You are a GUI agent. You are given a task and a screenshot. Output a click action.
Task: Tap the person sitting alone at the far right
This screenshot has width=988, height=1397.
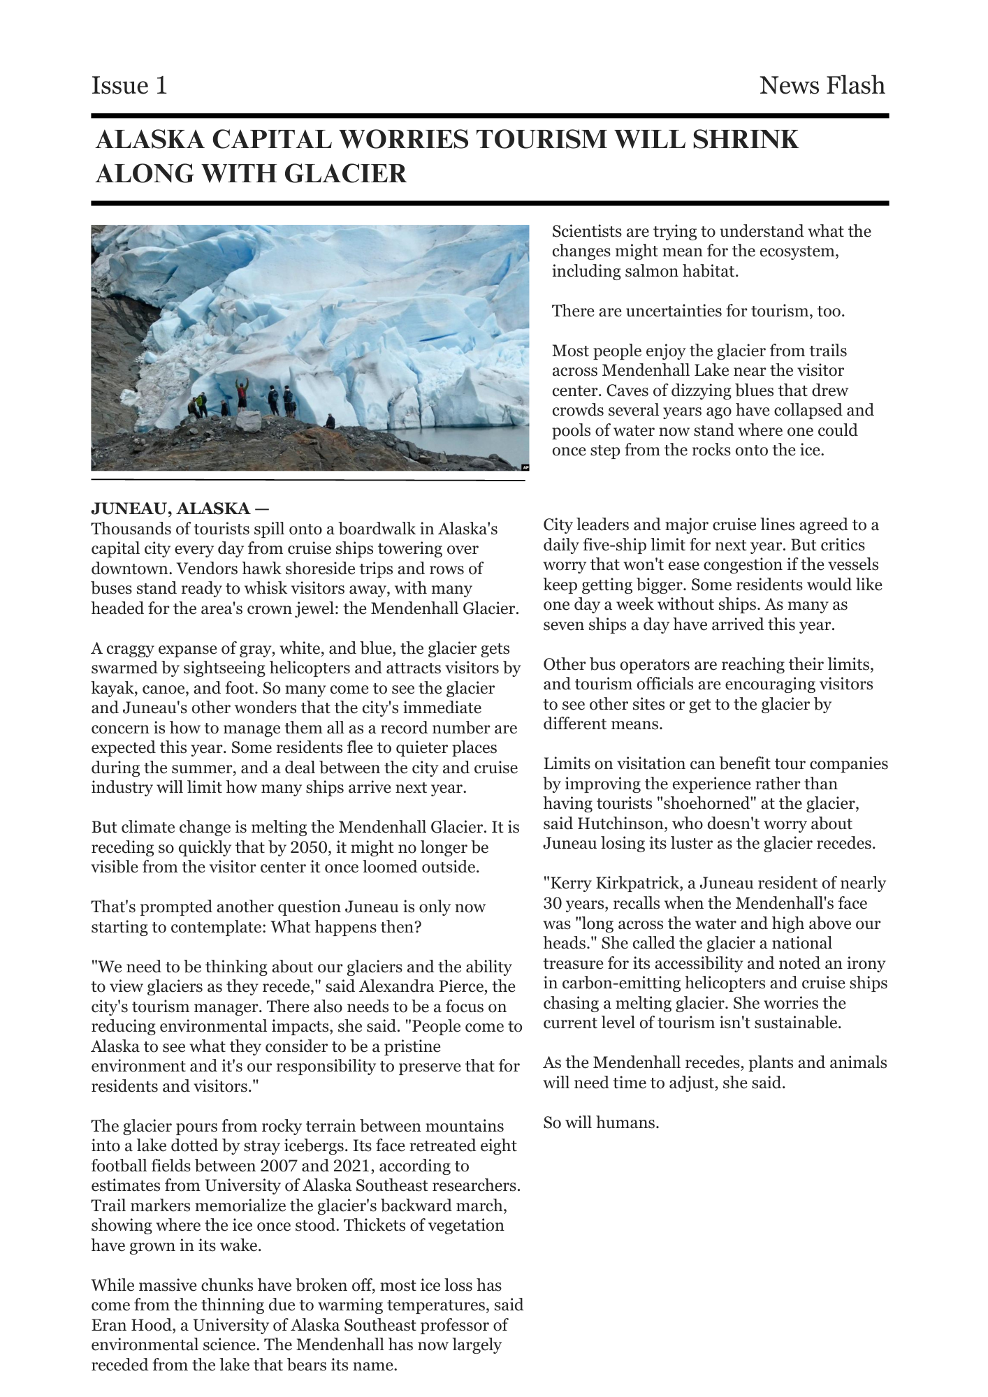(330, 422)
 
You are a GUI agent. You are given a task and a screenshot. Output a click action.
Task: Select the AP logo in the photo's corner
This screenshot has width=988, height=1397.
(525, 467)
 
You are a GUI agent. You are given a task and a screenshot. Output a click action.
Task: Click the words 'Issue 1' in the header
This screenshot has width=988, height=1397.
(129, 86)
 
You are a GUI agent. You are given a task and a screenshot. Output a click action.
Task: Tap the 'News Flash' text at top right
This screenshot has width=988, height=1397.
(822, 86)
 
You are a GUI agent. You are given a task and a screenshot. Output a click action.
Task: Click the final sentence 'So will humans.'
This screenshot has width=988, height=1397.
(601, 1123)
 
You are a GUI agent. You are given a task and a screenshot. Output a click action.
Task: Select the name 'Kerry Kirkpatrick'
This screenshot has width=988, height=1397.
(612, 884)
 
